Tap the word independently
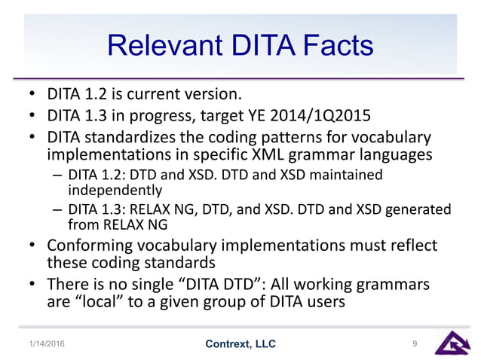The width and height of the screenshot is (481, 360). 110,191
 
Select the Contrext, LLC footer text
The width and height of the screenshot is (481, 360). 240,344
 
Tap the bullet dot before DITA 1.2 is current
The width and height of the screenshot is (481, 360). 32,96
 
